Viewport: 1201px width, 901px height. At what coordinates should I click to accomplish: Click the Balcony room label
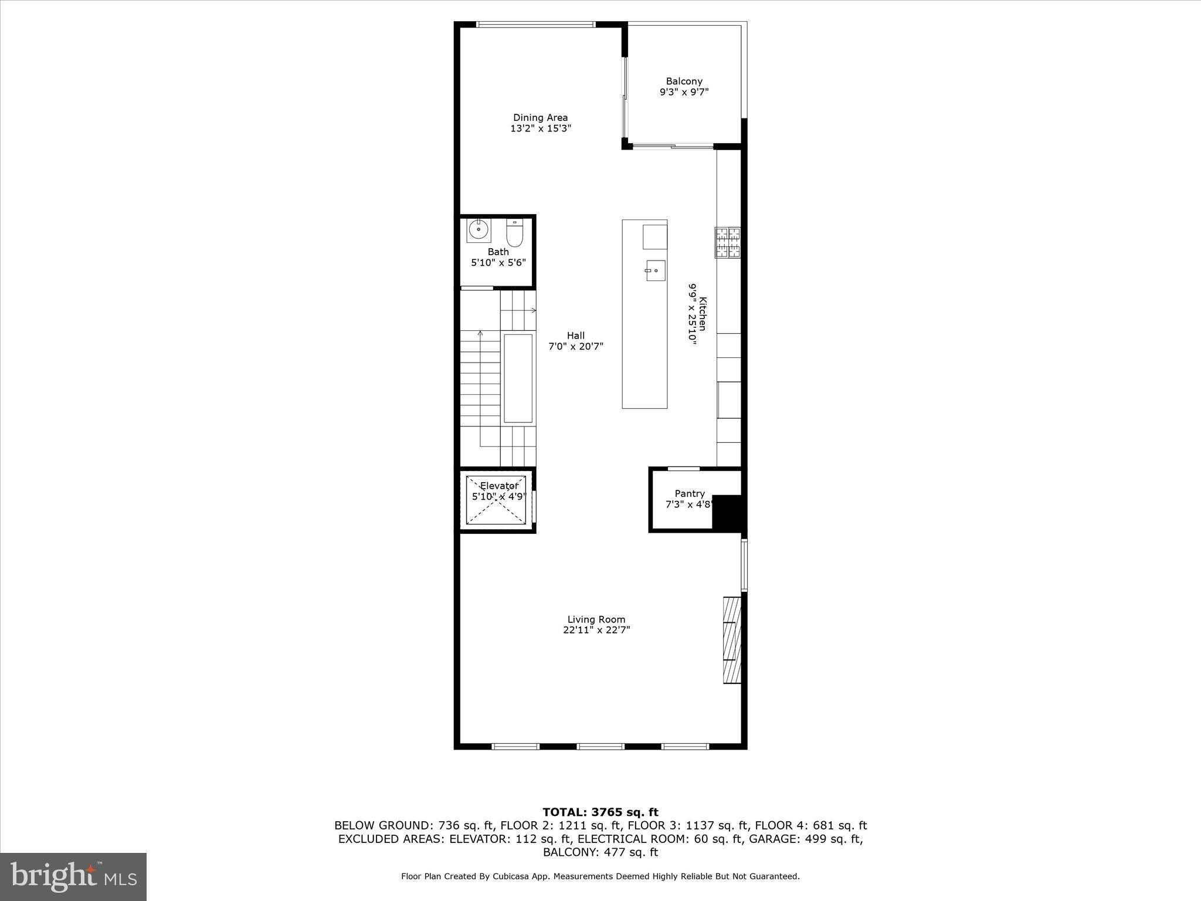[x=684, y=82]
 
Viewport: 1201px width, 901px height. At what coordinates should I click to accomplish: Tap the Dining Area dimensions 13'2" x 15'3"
[x=540, y=128]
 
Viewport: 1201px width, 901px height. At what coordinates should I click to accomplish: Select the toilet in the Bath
[x=514, y=234]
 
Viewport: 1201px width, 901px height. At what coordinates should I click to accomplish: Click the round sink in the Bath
[x=479, y=230]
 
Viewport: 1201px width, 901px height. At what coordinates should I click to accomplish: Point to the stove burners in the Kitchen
[x=728, y=242]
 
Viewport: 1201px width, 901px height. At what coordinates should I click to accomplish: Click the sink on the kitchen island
[x=656, y=270]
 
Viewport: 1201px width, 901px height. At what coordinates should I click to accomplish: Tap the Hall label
[x=575, y=336]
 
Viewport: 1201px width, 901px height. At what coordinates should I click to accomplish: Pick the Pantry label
[x=689, y=494]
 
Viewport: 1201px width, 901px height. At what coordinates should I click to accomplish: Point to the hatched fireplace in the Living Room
[x=732, y=640]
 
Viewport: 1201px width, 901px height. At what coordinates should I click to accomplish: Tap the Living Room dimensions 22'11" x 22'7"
[x=596, y=630]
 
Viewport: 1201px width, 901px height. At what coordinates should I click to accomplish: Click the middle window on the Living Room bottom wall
[x=600, y=746]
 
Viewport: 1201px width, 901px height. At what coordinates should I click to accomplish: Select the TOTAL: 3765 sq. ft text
[x=600, y=812]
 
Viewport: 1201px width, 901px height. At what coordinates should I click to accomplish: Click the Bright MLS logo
[x=73, y=876]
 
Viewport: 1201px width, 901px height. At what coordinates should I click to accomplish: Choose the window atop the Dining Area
[x=535, y=24]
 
